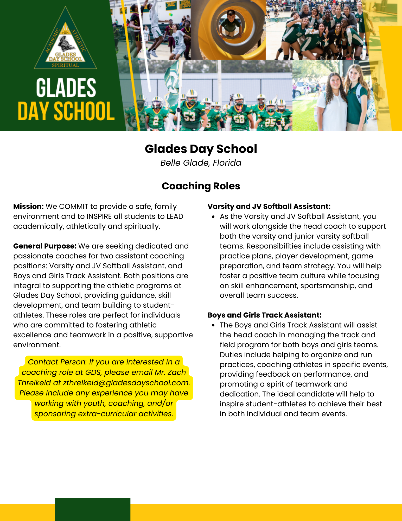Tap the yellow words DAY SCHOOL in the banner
click(66, 111)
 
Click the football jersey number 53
click(190, 117)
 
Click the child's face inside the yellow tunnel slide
click(231, 16)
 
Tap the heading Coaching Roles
click(201, 186)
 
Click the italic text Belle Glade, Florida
click(201, 163)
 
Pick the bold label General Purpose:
click(45, 246)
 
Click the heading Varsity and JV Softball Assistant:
click(269, 207)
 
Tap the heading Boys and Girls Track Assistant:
click(264, 315)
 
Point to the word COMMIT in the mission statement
click(74, 207)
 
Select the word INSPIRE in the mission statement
click(99, 216)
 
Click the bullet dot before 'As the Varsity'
click(213, 217)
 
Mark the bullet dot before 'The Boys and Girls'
click(213, 325)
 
